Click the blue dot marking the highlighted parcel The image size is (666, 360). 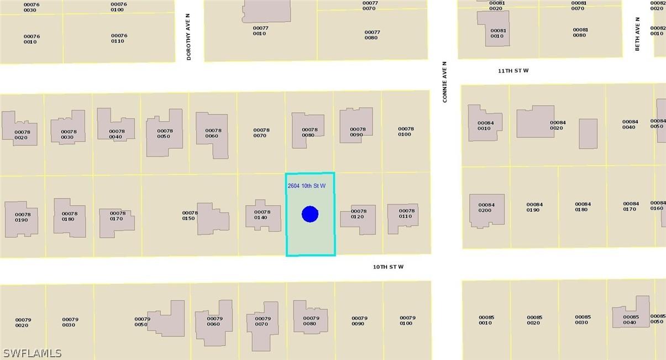[x=310, y=214]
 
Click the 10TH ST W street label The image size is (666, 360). [x=388, y=267]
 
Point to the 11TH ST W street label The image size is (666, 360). [x=513, y=71]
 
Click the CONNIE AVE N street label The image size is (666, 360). [x=444, y=82]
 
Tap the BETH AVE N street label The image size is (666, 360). [x=637, y=34]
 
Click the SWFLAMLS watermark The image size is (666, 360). [x=32, y=353]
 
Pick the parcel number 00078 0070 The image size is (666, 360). [x=261, y=133]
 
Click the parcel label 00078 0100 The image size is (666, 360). [x=406, y=132]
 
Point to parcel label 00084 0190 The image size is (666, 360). [x=534, y=207]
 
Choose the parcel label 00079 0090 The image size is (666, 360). [x=359, y=321]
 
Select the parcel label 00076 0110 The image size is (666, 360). [x=118, y=38]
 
